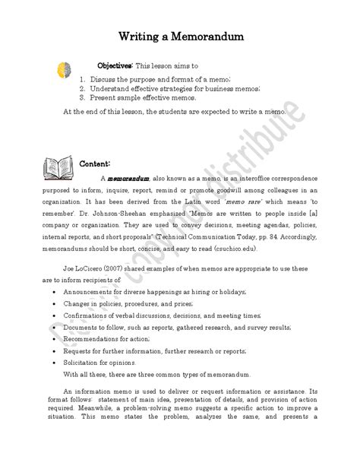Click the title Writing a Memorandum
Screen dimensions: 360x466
[x=180, y=36]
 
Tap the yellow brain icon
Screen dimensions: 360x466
[x=66, y=70]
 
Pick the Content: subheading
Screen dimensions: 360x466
[x=96, y=163]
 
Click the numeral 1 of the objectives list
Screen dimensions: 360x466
[x=81, y=78]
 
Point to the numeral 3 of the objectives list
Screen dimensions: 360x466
[x=81, y=97]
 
